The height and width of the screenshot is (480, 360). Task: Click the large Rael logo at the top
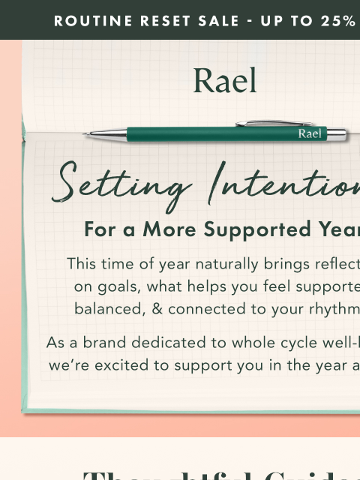[x=225, y=81]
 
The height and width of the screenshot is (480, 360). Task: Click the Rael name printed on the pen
[x=310, y=134]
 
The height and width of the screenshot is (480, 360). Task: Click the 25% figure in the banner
[x=339, y=20]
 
